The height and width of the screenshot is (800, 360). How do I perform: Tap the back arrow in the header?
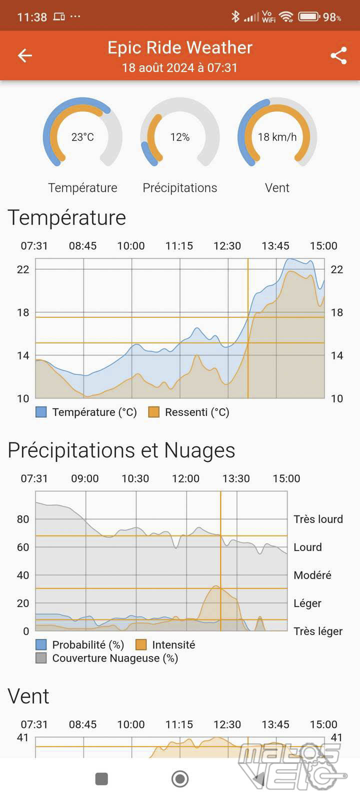(25, 55)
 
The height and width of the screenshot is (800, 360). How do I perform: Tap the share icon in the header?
(338, 55)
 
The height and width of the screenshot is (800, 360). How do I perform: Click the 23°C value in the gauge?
(82, 137)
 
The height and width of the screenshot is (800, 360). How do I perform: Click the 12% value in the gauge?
(180, 137)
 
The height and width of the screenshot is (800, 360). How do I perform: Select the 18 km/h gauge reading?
(277, 137)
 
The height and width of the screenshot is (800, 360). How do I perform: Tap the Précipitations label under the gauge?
(180, 187)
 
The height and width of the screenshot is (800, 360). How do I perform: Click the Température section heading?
(67, 218)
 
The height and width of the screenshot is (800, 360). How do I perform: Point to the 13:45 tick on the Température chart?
(275, 246)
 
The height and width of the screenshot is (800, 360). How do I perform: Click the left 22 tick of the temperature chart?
(23, 269)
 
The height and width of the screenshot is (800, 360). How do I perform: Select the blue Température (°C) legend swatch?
(41, 412)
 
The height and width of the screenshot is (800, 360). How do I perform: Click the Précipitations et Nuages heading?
(121, 450)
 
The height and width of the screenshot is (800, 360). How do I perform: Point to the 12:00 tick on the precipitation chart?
(185, 478)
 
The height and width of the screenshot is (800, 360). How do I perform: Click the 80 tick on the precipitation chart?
(23, 519)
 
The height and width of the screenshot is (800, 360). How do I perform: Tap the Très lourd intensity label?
(318, 519)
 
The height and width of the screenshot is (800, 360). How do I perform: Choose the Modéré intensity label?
(312, 575)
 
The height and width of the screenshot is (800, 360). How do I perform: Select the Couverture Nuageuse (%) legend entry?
(115, 658)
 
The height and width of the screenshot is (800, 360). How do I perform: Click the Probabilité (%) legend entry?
(88, 645)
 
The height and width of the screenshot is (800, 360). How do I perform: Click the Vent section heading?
(28, 696)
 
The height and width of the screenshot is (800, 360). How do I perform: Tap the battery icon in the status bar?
(309, 16)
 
